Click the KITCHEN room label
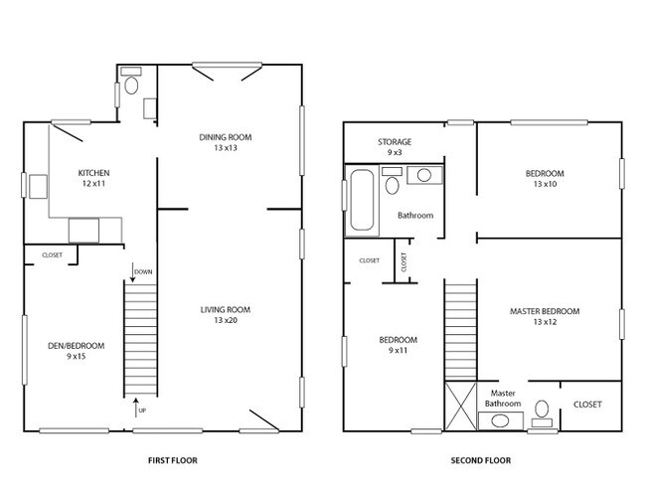point(94,173)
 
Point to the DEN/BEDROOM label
point(76,346)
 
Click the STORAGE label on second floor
point(394,142)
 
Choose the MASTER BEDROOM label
point(544,311)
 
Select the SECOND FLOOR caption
point(480,461)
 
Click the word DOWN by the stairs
point(142,270)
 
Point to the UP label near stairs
point(141,409)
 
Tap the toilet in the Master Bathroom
point(543,409)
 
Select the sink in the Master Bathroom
point(500,421)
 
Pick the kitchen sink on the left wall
point(38,186)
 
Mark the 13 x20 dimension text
point(225,320)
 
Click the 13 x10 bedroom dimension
point(545,184)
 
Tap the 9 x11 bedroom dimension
point(397,351)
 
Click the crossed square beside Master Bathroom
point(459,407)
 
